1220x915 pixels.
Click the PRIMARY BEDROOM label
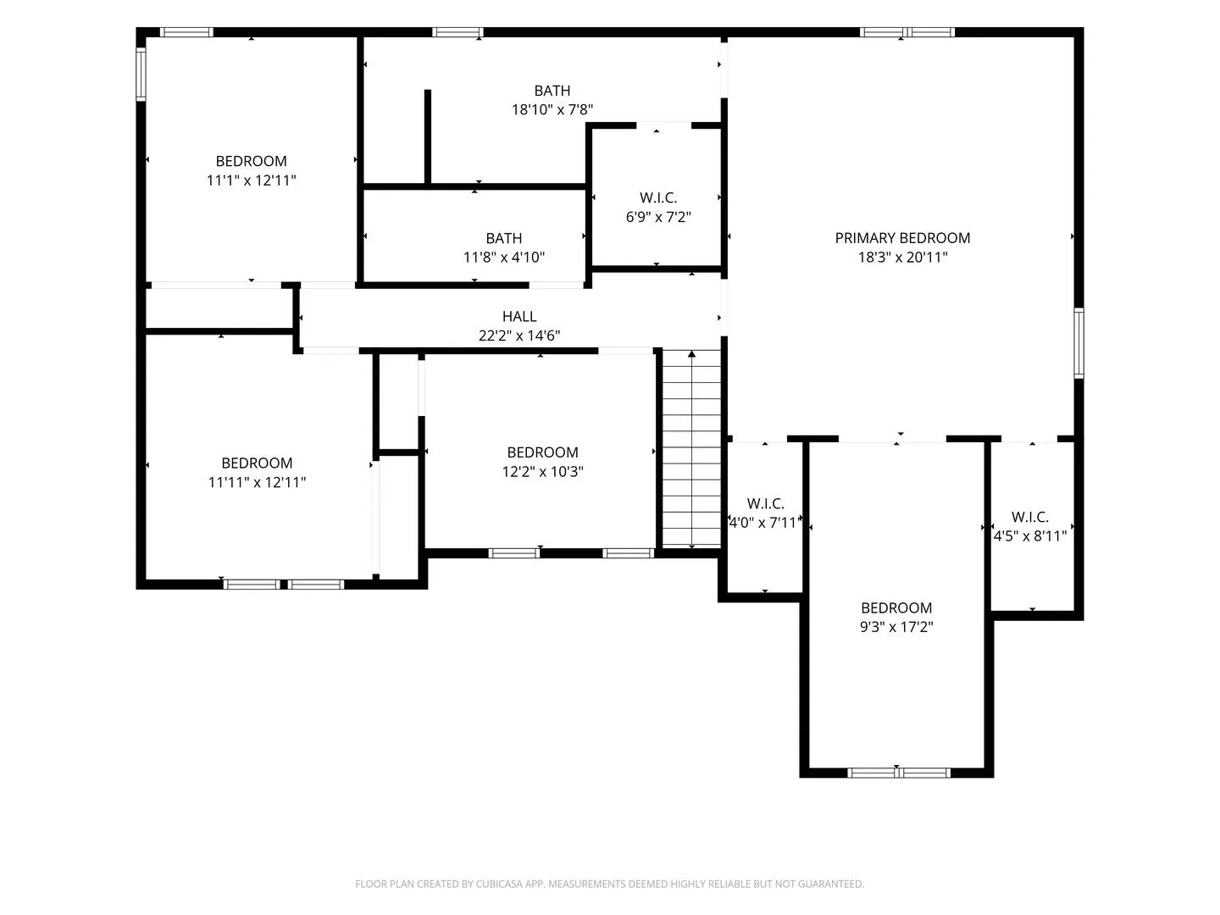coord(902,238)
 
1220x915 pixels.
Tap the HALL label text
coord(519,316)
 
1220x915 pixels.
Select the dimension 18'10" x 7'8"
coord(552,109)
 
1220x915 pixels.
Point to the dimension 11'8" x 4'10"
coord(503,258)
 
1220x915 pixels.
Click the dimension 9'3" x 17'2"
coord(896,627)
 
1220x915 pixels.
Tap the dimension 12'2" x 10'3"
coord(542,472)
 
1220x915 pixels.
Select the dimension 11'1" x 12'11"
coord(252,180)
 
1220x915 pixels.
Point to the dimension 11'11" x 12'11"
coord(257,482)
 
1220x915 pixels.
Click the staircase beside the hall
coord(691,449)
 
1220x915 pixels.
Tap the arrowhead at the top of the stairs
coord(691,354)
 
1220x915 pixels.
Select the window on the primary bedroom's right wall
coord(1079,343)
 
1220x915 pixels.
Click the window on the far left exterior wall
coord(141,75)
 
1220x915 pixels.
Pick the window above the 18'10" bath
coord(457,32)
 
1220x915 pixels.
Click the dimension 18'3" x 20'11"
coord(902,258)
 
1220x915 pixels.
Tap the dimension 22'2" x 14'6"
coord(519,335)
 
